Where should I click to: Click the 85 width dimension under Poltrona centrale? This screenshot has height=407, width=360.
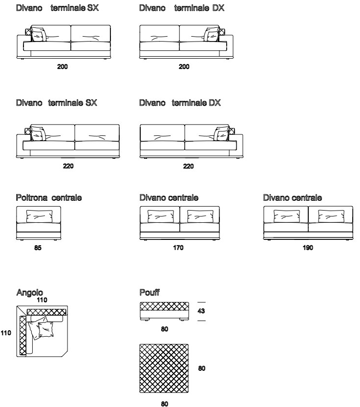click(x=38, y=248)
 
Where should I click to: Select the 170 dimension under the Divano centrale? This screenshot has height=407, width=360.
click(x=178, y=248)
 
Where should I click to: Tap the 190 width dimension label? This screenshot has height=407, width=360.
click(x=308, y=248)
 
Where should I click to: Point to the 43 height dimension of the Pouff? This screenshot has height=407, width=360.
click(x=201, y=311)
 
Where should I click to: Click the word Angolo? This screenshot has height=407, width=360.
click(x=30, y=293)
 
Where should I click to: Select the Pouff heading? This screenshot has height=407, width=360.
click(x=149, y=292)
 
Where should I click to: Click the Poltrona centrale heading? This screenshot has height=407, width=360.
click(x=49, y=197)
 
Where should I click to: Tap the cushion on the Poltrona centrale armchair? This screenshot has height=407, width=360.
click(x=39, y=216)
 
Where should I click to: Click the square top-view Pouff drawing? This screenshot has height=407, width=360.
click(x=164, y=368)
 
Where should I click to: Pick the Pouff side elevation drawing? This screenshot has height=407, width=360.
click(x=164, y=311)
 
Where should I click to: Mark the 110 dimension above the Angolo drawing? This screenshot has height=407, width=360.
click(x=42, y=300)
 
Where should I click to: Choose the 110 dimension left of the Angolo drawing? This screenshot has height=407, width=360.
click(x=6, y=333)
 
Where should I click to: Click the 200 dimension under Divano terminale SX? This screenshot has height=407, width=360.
click(x=63, y=67)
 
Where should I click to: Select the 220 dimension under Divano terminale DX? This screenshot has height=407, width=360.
click(x=188, y=166)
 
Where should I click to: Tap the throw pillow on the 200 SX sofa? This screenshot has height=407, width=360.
click(x=39, y=34)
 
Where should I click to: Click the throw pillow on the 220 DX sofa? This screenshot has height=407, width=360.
click(x=222, y=134)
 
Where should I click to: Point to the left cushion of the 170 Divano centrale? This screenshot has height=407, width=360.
click(x=161, y=216)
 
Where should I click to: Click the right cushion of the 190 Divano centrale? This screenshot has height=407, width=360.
click(x=331, y=216)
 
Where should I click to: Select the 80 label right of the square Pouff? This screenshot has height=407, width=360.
click(x=202, y=368)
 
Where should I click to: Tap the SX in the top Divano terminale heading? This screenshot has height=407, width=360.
click(x=93, y=8)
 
